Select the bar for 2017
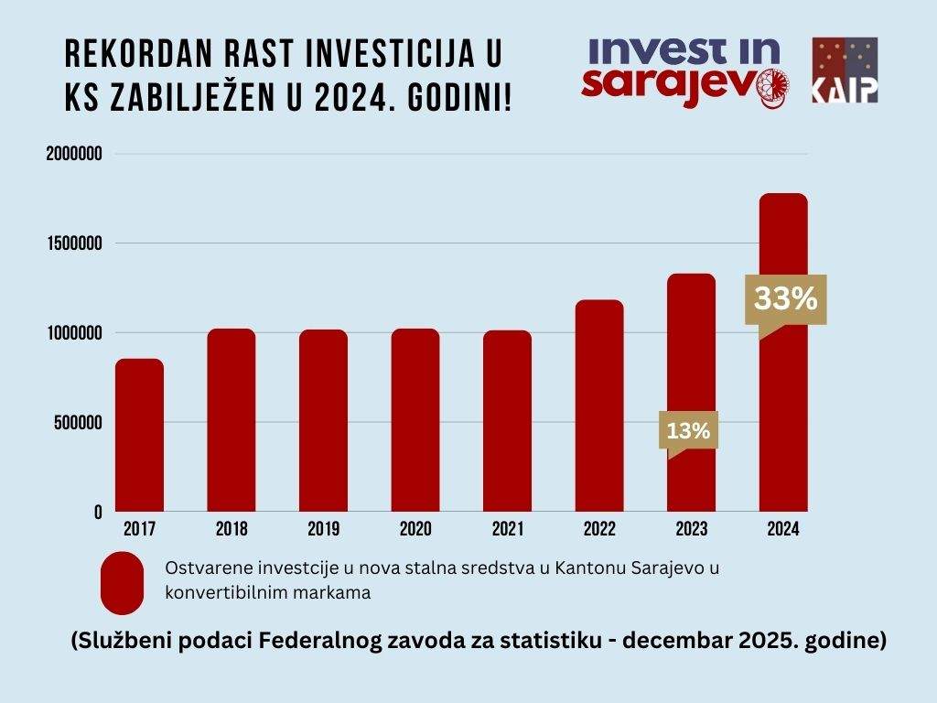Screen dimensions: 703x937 tap(139, 435)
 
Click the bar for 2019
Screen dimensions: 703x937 tap(323, 420)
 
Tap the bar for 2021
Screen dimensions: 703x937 tap(507, 420)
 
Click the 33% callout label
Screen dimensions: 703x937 tap(785, 299)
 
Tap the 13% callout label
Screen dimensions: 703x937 tap(688, 430)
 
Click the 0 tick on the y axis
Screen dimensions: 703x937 tap(96, 513)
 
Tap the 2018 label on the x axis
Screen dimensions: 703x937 tap(232, 530)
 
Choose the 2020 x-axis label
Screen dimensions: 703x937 tap(415, 530)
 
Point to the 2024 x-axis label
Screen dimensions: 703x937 tap(783, 530)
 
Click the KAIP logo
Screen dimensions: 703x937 tap(844, 70)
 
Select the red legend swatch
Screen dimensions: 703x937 tap(122, 583)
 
